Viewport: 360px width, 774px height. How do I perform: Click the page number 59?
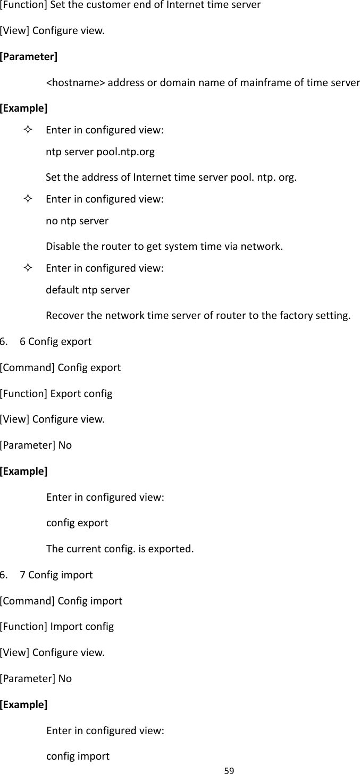(x=228, y=769)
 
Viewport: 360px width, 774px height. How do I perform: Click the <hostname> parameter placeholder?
(x=76, y=83)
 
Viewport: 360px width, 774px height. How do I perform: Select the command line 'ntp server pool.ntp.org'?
(x=101, y=153)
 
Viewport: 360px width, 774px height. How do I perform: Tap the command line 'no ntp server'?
(x=78, y=221)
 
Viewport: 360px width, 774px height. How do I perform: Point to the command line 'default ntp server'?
(x=88, y=290)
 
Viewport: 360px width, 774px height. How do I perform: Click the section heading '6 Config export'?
(x=55, y=341)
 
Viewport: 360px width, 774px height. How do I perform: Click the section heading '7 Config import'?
(x=56, y=575)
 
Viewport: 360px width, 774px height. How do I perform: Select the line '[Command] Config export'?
(x=61, y=367)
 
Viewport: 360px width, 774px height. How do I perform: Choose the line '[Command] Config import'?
(x=61, y=601)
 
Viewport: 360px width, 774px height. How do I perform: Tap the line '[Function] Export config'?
(x=56, y=394)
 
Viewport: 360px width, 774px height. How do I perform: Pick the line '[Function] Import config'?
(x=57, y=627)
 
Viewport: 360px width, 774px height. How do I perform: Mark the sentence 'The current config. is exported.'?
(x=120, y=548)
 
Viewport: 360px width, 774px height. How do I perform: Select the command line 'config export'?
(x=77, y=523)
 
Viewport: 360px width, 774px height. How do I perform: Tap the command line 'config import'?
(x=78, y=756)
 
